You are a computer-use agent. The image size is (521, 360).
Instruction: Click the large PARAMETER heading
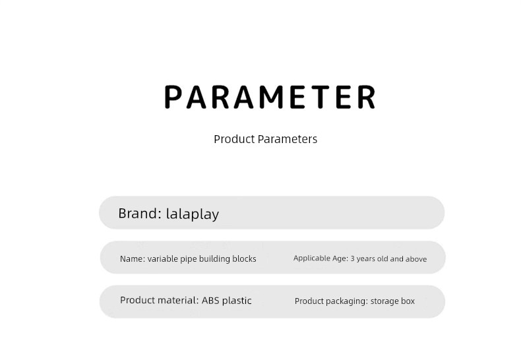click(270, 97)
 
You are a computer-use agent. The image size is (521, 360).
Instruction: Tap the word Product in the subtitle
click(234, 139)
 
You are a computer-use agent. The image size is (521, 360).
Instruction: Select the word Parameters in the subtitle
click(288, 139)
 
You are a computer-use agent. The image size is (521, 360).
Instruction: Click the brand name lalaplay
click(193, 214)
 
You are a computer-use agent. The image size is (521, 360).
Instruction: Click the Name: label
click(133, 258)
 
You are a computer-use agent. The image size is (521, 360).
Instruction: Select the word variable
click(162, 258)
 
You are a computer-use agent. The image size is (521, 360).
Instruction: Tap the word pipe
click(188, 259)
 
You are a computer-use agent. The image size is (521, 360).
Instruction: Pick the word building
click(214, 259)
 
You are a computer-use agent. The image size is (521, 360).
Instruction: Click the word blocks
click(244, 258)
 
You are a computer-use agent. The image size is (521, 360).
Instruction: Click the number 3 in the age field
click(353, 258)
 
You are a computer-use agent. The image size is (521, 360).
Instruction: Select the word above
click(416, 258)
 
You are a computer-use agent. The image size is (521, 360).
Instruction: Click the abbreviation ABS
click(210, 300)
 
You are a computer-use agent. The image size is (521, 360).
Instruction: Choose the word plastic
click(237, 301)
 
